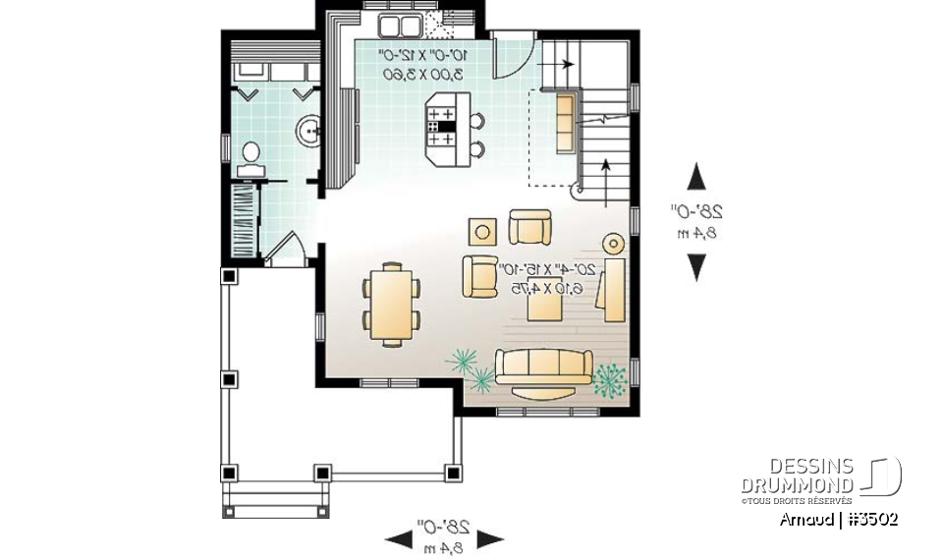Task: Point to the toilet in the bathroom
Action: pyautogui.click(x=250, y=156)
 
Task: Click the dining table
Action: pyautogui.click(x=391, y=305)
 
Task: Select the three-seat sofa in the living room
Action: pyautogui.click(x=543, y=366)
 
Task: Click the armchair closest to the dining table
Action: pyautogui.click(x=480, y=276)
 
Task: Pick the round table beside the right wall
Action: pyautogui.click(x=614, y=243)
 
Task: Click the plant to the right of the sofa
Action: pyautogui.click(x=611, y=377)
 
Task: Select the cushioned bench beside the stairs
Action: pyautogui.click(x=566, y=123)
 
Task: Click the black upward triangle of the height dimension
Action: pyautogui.click(x=696, y=177)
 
